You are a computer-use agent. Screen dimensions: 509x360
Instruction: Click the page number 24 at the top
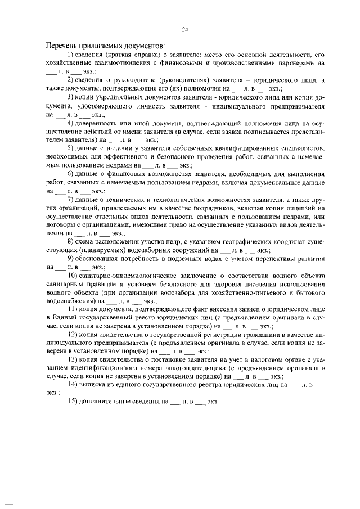184,29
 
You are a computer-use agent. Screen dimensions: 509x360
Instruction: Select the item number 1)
71,54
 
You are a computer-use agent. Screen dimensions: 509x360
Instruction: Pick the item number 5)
71,148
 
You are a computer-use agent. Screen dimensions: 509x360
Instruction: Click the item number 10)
73,275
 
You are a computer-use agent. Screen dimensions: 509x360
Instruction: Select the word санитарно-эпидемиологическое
128,275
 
